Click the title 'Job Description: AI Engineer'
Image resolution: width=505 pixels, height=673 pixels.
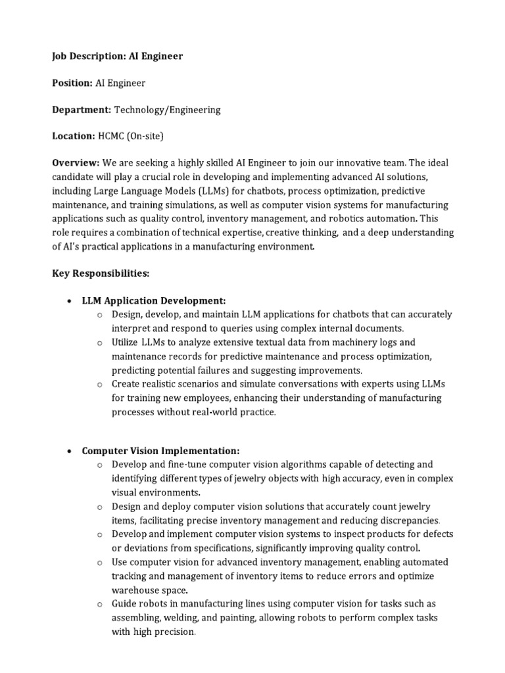(x=118, y=57)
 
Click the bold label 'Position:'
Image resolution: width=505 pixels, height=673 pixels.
(x=73, y=83)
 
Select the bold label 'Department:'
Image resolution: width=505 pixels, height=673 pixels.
(x=82, y=110)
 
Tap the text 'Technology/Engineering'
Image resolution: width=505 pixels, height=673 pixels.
(x=168, y=110)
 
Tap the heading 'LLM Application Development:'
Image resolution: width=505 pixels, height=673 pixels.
(x=154, y=300)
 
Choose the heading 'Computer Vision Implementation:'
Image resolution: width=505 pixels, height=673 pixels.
(x=160, y=451)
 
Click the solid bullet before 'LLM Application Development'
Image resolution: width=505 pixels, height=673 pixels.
(x=70, y=300)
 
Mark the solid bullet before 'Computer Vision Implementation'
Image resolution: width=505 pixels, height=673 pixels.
(x=70, y=452)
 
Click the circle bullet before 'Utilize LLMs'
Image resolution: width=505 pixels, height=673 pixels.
(x=99, y=342)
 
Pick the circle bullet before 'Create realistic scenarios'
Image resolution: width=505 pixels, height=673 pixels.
(x=99, y=384)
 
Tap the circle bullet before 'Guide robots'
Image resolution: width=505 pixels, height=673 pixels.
(x=99, y=604)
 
